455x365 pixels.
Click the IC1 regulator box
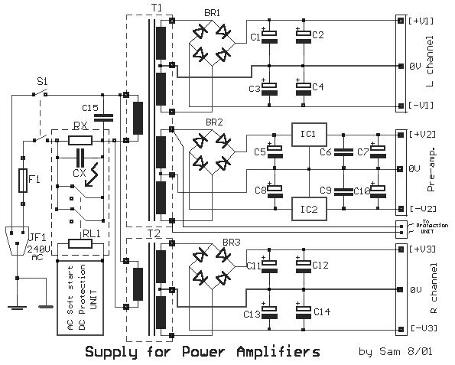pyautogui.click(x=307, y=134)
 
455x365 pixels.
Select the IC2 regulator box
pyautogui.click(x=307, y=206)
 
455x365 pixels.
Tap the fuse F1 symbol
pyautogui.click(x=23, y=181)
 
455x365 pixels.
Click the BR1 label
pyautogui.click(x=212, y=14)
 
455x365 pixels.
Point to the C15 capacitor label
pyautogui.click(x=90, y=107)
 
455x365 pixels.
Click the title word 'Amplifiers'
pyautogui.click(x=273, y=352)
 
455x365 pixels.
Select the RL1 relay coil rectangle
pyautogui.click(x=80, y=243)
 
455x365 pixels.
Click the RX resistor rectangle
pyautogui.click(x=80, y=140)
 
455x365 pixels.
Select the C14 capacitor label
pyautogui.click(x=322, y=311)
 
